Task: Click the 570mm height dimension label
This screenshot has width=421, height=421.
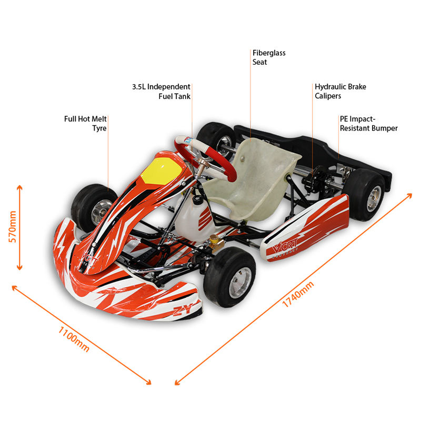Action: pyautogui.click(x=12, y=226)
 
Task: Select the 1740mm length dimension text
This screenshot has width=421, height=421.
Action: pyautogui.click(x=298, y=295)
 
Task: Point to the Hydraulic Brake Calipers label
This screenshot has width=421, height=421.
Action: pyautogui.click(x=340, y=91)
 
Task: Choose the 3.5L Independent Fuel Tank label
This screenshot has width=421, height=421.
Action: pyautogui.click(x=162, y=91)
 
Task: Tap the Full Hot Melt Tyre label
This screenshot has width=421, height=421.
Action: pyautogui.click(x=86, y=124)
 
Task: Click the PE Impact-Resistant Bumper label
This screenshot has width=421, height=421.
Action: pyautogui.click(x=368, y=124)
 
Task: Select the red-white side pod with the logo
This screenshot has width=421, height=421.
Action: pyautogui.click(x=305, y=229)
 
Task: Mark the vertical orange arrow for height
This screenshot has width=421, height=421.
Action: pyautogui.click(x=20, y=227)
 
